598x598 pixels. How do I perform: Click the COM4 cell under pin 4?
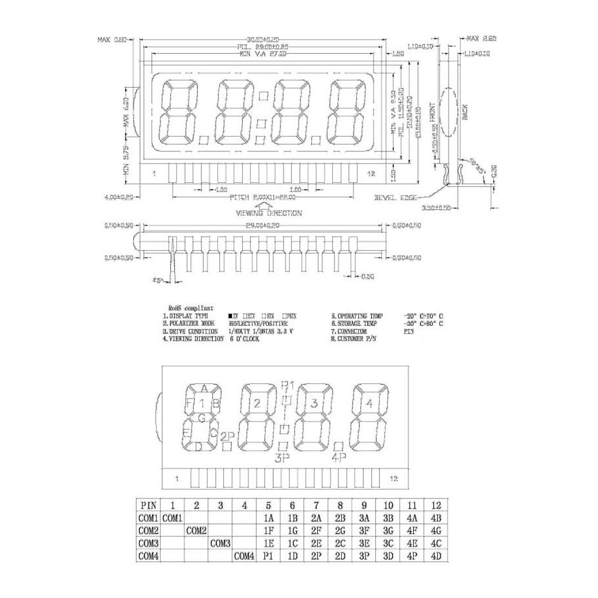[244, 556]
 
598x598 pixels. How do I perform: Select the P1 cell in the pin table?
[268, 556]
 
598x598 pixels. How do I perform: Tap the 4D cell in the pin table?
[436, 556]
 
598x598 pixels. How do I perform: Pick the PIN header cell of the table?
[148, 505]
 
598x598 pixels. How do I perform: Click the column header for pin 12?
[436, 505]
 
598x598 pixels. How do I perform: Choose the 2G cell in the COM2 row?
[340, 531]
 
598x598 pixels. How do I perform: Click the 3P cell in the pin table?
[364, 556]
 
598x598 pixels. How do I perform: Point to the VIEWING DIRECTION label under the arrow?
[269, 213]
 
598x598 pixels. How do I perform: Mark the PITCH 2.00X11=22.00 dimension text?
[263, 197]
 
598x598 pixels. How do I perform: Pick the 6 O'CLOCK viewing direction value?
[244, 339]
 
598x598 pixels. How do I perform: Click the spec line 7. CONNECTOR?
[349, 331]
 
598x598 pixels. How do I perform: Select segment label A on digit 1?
[203, 388]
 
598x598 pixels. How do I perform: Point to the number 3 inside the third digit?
[314, 404]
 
